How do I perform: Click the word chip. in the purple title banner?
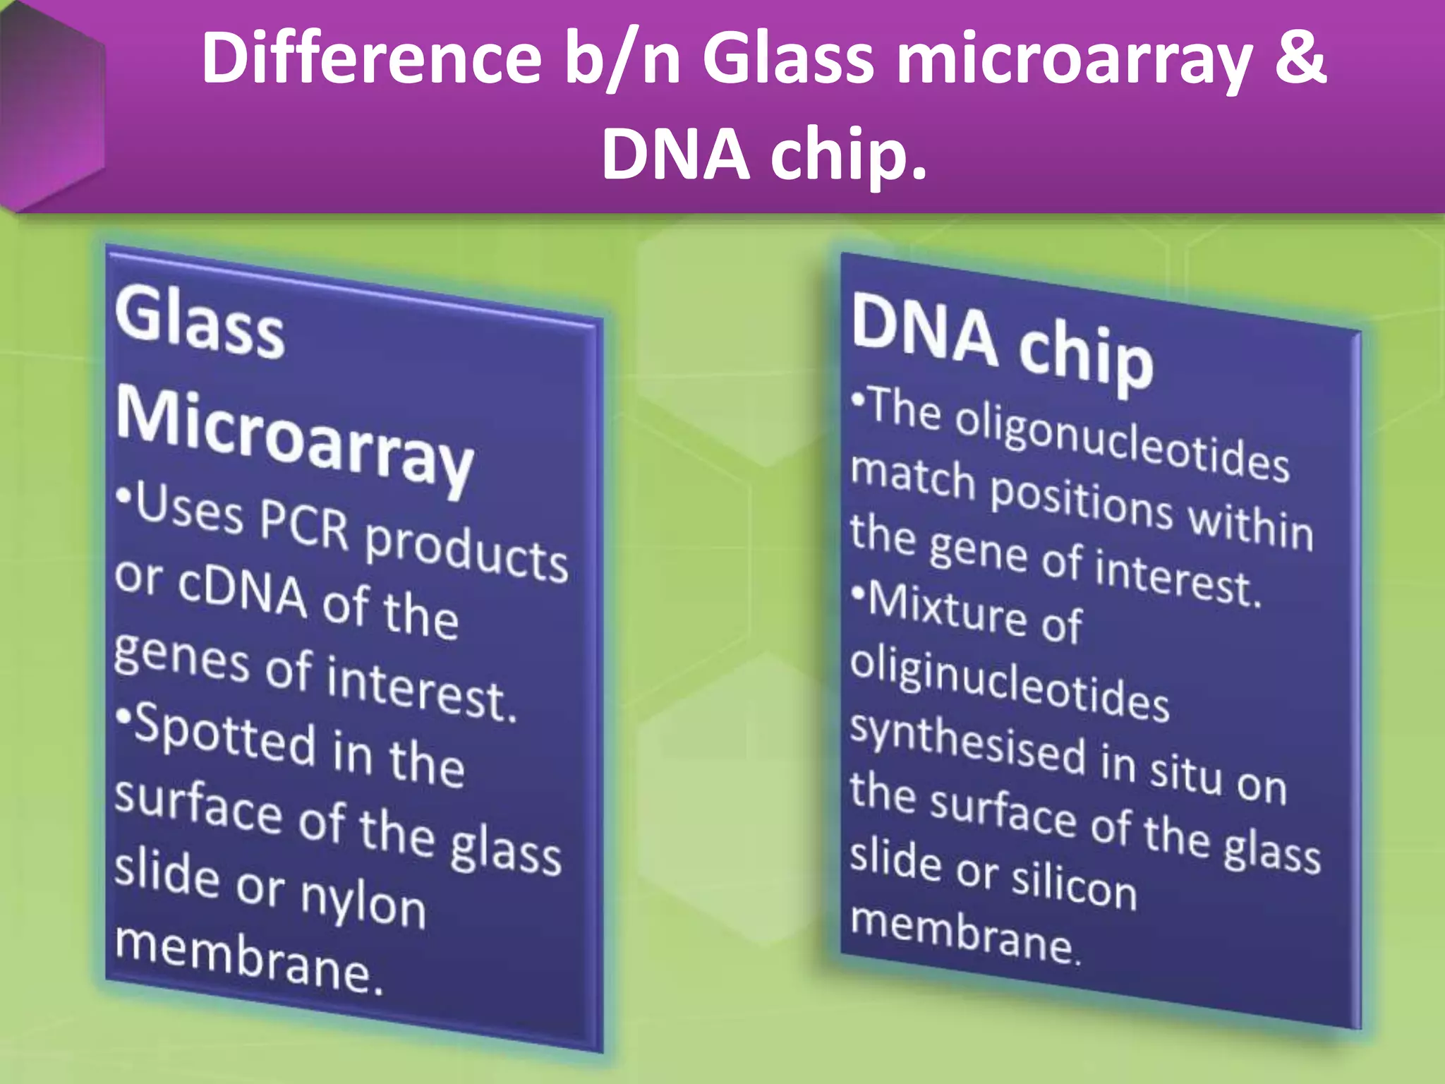tap(847, 157)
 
